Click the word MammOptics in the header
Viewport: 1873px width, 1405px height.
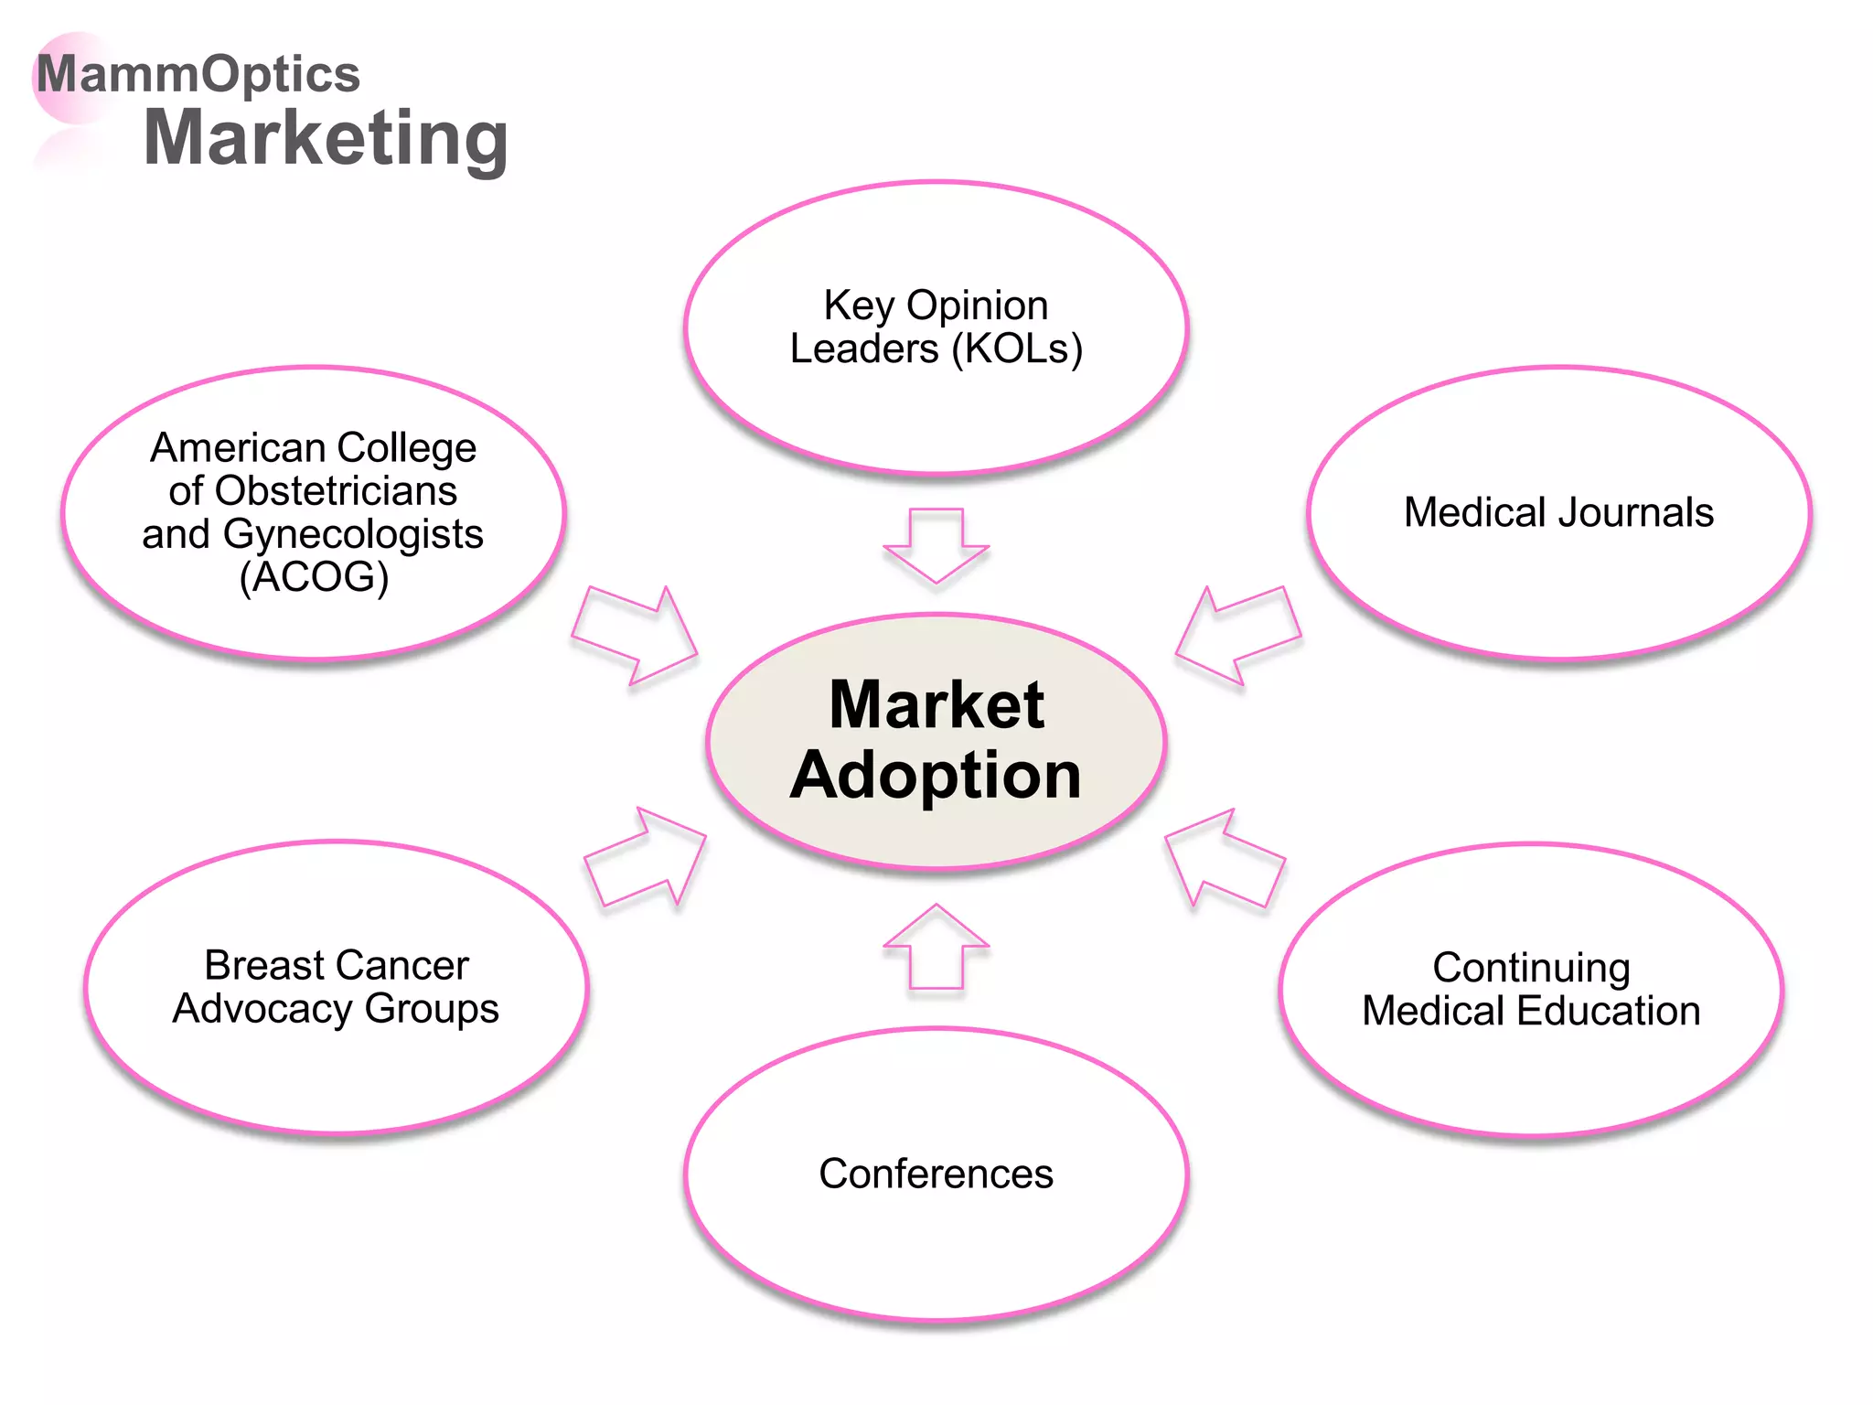[198, 74]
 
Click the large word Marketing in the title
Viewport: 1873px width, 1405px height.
[326, 139]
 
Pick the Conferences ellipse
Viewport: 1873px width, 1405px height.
[936, 1244]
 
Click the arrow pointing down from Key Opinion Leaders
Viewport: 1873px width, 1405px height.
[936, 544]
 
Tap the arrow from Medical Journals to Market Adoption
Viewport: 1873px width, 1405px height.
[1239, 635]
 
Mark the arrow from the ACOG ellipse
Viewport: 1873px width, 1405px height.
[635, 635]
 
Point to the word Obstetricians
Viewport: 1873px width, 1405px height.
[336, 491]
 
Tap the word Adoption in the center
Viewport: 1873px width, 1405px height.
[936, 776]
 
